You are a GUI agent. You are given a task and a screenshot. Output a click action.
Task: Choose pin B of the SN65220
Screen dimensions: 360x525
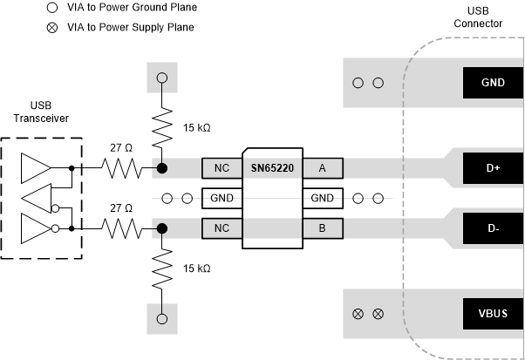point(323,228)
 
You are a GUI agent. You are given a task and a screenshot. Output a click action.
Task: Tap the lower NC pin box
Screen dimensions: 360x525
point(222,228)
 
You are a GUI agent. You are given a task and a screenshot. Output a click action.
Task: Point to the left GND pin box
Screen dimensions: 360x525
point(222,198)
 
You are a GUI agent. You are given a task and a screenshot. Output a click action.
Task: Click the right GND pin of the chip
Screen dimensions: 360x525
point(323,198)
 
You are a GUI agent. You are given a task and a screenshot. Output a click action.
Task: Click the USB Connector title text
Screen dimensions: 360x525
point(478,17)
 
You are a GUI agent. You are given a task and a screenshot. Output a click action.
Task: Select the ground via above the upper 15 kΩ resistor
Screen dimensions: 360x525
point(161,78)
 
